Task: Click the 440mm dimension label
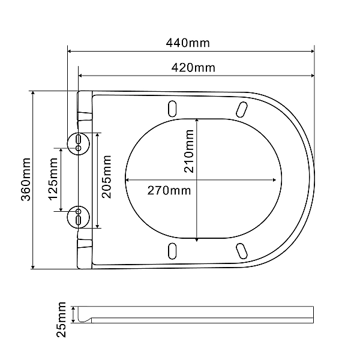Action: [188, 43]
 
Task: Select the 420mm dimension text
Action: [193, 68]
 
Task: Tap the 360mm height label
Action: [26, 179]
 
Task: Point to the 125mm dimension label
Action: [53, 179]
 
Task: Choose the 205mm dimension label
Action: [107, 177]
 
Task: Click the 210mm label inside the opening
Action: [189, 151]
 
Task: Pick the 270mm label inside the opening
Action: [169, 191]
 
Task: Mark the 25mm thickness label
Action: [61, 320]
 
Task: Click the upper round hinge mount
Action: [78, 143]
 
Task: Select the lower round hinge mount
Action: [78, 217]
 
